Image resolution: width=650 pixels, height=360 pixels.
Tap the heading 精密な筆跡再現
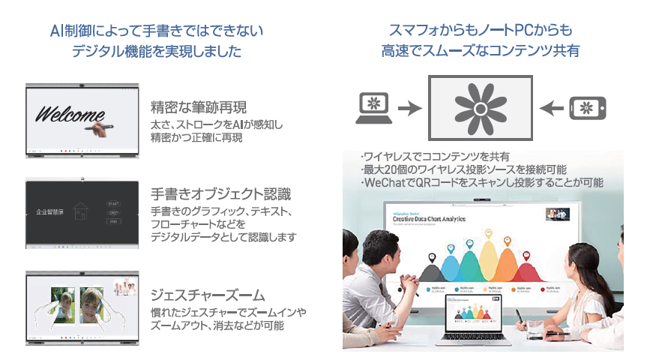[x=198, y=105]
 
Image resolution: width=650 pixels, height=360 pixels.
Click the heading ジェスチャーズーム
[x=203, y=293]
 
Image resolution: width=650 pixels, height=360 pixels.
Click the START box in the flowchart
[x=114, y=203]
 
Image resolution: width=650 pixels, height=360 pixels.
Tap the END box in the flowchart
[x=114, y=221]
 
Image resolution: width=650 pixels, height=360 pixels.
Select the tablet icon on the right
[x=587, y=108]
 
